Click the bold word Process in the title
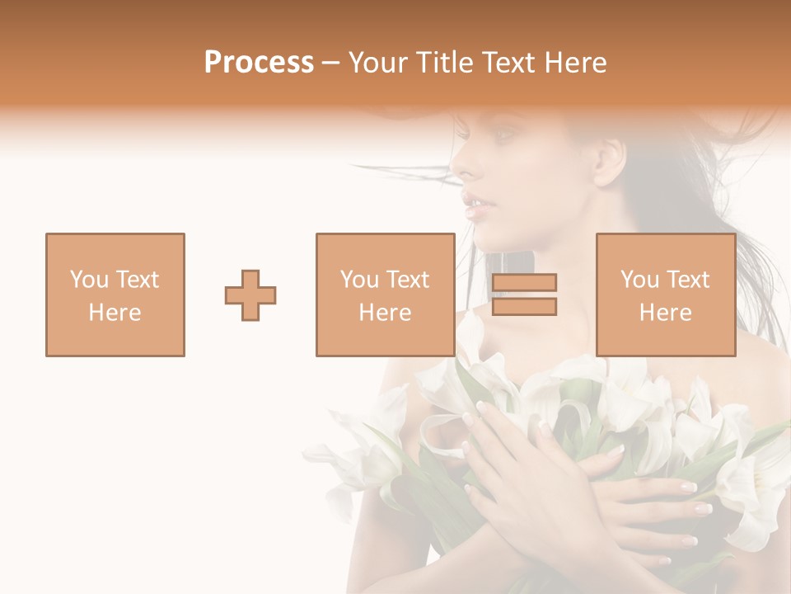(259, 63)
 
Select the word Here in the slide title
(574, 63)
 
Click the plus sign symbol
(250, 295)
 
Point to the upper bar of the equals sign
(524, 283)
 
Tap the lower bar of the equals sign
(524, 307)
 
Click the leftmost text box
(115, 295)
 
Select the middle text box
(386, 295)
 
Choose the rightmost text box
(666, 295)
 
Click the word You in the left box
(88, 280)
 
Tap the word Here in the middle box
(386, 313)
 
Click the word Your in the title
(378, 63)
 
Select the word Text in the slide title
(508, 63)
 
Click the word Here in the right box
(666, 313)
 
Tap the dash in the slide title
(331, 64)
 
